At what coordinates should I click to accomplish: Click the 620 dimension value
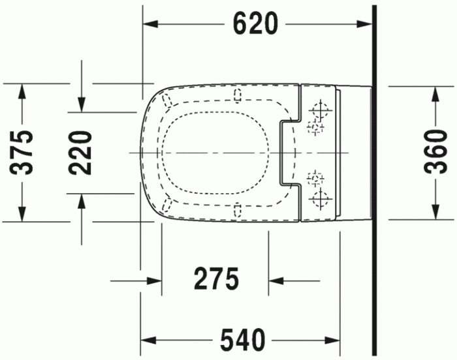click(x=256, y=24)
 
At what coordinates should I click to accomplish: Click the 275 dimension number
click(x=216, y=280)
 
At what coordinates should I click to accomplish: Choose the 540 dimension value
click(x=242, y=339)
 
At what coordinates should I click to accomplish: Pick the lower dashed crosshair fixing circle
click(x=315, y=178)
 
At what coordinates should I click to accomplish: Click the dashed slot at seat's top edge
click(x=236, y=97)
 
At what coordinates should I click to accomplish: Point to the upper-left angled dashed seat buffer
click(x=167, y=100)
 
